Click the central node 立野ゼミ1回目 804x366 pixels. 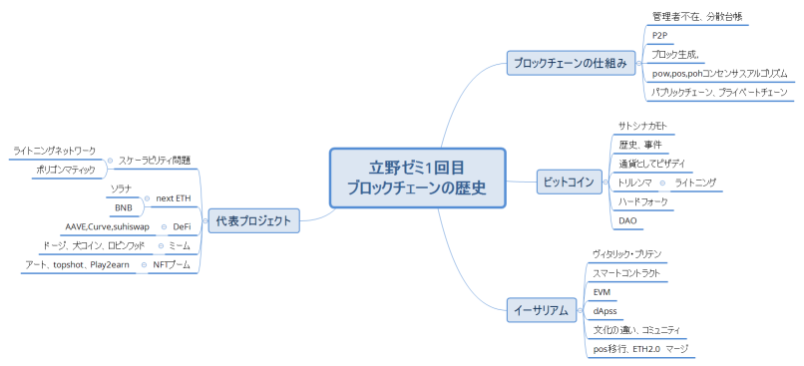pos(417,178)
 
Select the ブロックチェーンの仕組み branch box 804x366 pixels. pos(570,63)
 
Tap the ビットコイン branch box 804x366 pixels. pos(567,182)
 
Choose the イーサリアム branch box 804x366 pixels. pos(541,309)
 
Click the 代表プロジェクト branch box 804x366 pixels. pos(253,220)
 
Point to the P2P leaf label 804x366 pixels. pos(659,35)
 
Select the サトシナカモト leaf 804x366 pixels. pos(642,126)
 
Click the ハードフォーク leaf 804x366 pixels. pos(642,201)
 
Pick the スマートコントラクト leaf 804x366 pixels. pos(625,272)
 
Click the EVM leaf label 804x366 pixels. pos(602,291)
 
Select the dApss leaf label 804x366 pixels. pos(604,310)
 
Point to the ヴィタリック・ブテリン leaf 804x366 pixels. pos(626,254)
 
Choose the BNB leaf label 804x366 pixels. pos(123,207)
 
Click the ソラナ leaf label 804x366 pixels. pos(122,188)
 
